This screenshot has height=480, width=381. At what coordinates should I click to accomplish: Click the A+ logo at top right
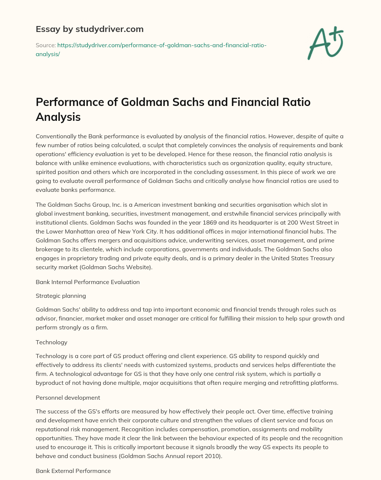click(325, 44)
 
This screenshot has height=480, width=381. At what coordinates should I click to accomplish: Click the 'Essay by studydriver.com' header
click(89, 29)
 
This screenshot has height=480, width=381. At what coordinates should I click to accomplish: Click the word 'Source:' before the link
click(45, 45)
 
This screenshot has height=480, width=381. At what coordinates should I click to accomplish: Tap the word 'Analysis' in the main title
click(58, 117)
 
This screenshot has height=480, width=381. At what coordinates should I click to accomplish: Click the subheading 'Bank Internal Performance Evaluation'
click(87, 282)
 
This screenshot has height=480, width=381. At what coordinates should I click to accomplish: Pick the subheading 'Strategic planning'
click(61, 296)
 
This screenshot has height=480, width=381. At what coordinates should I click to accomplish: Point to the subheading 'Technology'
click(51, 342)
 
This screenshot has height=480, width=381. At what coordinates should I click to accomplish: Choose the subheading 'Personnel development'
click(68, 397)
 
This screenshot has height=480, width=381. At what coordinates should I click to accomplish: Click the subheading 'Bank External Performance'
click(73, 471)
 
